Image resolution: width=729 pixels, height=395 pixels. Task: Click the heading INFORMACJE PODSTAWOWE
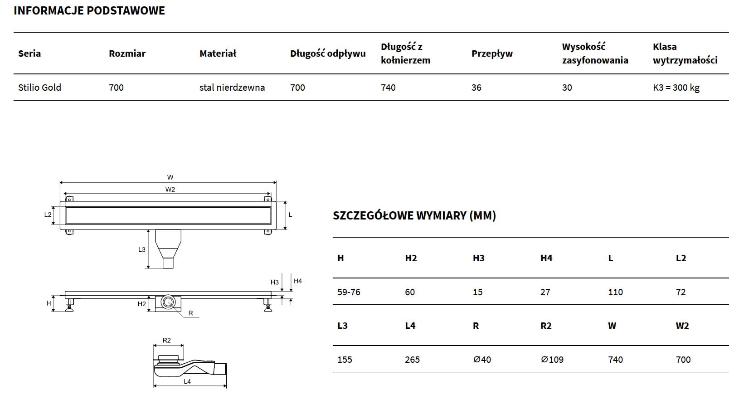[x=89, y=10]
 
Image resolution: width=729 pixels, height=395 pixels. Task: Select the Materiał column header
[x=218, y=54]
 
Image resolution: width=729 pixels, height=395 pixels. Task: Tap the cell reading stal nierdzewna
[x=232, y=88]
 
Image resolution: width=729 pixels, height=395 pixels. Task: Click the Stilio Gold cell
[x=39, y=88]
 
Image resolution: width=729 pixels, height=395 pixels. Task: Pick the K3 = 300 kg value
[x=676, y=88]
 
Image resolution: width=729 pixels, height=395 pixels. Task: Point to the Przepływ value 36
[x=476, y=88]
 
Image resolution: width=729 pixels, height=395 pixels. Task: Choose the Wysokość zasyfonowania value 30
[x=567, y=88]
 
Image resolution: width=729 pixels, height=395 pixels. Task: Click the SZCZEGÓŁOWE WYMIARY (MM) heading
[x=414, y=215]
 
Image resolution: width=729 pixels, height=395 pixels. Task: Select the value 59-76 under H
[x=349, y=292]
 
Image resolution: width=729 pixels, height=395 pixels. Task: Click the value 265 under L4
[x=412, y=360]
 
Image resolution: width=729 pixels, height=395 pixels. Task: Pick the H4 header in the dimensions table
[x=546, y=258]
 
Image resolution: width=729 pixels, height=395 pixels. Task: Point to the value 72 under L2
[x=680, y=292]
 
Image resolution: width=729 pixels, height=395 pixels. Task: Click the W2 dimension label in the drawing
[x=170, y=190]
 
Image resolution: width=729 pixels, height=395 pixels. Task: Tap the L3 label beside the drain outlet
[x=142, y=249]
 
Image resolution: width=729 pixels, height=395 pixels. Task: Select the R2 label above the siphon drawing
[x=166, y=340]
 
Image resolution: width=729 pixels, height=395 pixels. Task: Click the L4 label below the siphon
[x=187, y=381]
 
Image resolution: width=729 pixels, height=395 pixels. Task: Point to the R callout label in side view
[x=190, y=313]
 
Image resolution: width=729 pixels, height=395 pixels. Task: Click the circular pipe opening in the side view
[x=169, y=302]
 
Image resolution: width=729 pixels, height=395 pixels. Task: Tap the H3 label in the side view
[x=274, y=282]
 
